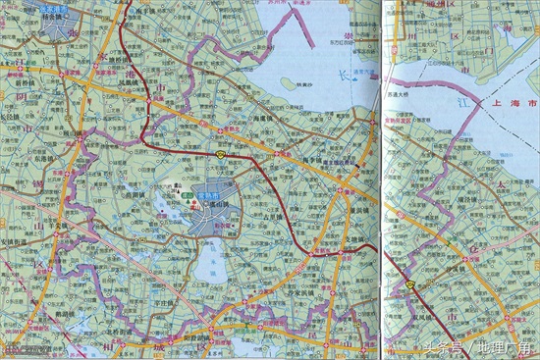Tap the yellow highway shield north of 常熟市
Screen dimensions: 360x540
pos(223,154)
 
